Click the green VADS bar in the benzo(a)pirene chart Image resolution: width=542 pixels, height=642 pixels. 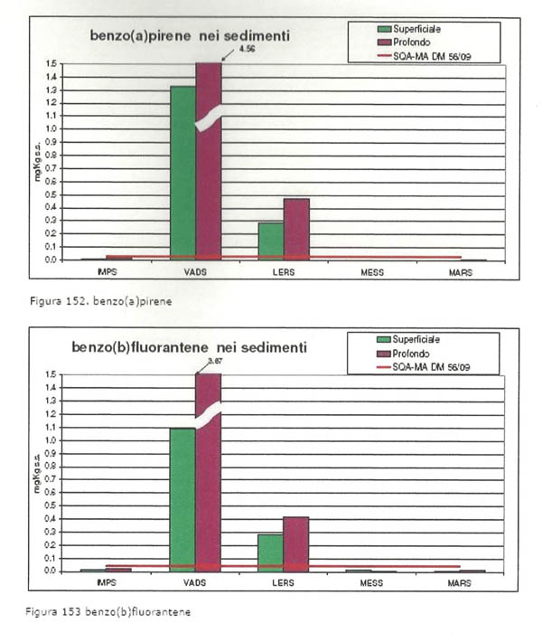click(x=182, y=172)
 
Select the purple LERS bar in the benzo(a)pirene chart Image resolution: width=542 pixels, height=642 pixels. click(x=296, y=229)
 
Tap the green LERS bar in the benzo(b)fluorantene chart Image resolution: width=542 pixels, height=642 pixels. click(x=270, y=552)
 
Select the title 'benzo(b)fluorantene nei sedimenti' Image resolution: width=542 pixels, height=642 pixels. click(x=189, y=346)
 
